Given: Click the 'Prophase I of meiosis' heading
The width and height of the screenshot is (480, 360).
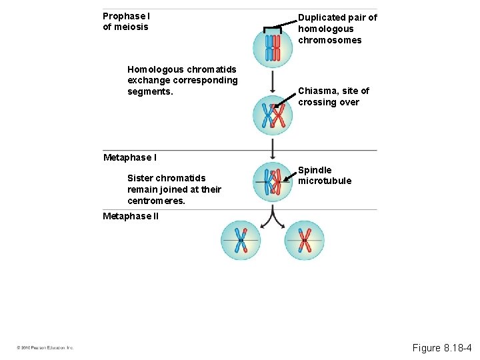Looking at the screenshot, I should click(x=126, y=21).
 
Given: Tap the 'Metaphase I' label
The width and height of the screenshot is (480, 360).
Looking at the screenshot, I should click(x=130, y=157).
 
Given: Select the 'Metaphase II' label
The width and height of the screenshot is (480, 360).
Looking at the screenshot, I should click(x=131, y=216).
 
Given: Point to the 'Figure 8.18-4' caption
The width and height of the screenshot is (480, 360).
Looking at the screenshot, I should click(x=441, y=347).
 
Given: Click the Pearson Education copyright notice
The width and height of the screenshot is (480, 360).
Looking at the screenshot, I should click(x=45, y=348).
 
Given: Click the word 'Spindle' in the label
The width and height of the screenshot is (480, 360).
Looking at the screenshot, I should click(x=315, y=170).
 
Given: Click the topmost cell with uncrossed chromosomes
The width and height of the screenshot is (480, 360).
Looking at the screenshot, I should click(x=273, y=47).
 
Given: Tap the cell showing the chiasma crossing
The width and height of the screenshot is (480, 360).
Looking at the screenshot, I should click(x=273, y=116).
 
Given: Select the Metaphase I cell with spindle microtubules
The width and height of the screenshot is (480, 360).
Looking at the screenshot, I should click(x=273, y=181).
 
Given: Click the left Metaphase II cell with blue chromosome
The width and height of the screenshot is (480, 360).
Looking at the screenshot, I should click(x=241, y=240).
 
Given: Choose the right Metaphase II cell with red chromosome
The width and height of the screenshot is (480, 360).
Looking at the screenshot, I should click(x=305, y=240).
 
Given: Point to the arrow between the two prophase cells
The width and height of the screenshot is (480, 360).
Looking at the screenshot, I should click(x=273, y=81).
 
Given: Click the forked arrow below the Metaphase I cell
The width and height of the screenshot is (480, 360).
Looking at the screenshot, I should click(x=273, y=215).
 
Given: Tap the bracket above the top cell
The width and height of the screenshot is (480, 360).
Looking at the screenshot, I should click(x=273, y=28).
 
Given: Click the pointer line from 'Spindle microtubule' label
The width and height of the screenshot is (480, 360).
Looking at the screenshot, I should click(x=290, y=177).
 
